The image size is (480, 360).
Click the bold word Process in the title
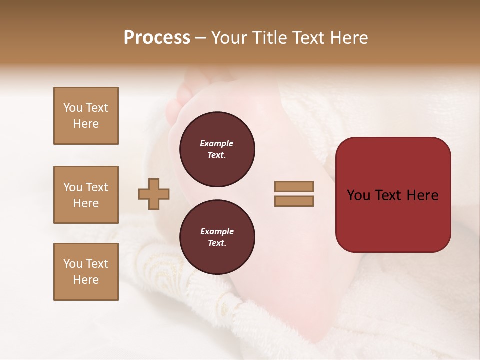pyautogui.click(x=157, y=38)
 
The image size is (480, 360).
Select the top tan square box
pyautogui.click(x=86, y=116)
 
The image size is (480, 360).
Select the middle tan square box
pyautogui.click(x=86, y=195)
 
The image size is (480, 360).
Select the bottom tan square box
pyautogui.click(x=86, y=272)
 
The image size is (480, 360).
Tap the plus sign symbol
pyautogui.click(x=154, y=194)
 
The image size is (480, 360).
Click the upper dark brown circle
pyautogui.click(x=217, y=149)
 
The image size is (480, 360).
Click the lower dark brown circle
pyautogui.click(x=217, y=237)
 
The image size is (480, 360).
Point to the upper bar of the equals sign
pyautogui.click(x=294, y=187)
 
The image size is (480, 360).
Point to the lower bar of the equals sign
pyautogui.click(x=294, y=201)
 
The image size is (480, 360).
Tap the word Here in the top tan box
pyautogui.click(x=86, y=124)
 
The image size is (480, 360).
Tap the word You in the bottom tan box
pyautogui.click(x=73, y=264)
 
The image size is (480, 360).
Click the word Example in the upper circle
pyautogui.click(x=217, y=143)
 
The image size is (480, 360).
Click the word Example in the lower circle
pyautogui.click(x=217, y=231)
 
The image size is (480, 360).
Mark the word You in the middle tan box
pyautogui.click(x=73, y=187)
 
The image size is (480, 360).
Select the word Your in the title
pyautogui.click(x=230, y=38)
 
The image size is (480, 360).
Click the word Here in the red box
pyautogui.click(x=422, y=195)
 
